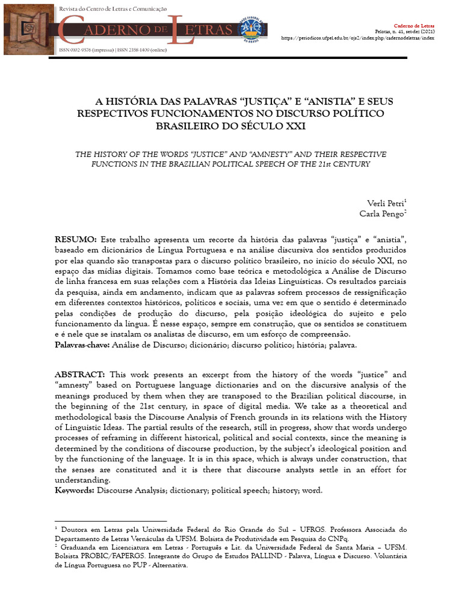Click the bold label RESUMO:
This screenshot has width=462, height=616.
click(75, 239)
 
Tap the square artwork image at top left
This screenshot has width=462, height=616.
click(29, 30)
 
